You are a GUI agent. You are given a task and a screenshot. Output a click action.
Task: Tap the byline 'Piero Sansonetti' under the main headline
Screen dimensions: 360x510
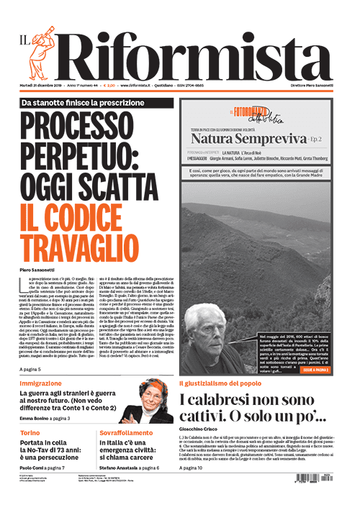42,269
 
